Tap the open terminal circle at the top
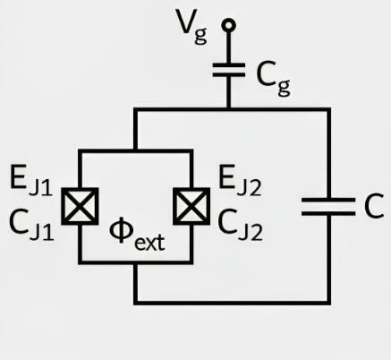(229, 25)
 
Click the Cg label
(272, 74)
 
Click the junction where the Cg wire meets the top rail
(229, 109)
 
